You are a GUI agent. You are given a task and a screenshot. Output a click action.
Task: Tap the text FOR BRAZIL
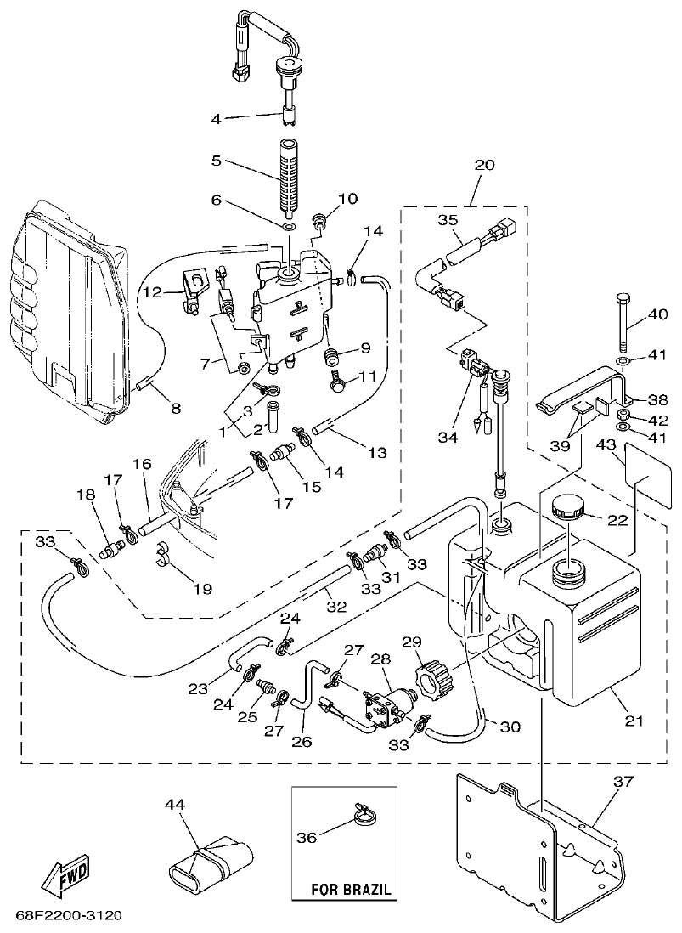pos(352,891)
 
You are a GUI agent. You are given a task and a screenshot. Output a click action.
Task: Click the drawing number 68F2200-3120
pos(69,916)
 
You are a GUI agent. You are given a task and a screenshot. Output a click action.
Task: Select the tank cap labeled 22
pos(564,510)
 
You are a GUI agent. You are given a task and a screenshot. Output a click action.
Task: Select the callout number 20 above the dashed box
pos(484,166)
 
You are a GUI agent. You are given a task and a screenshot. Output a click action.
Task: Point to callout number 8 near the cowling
pos(176,408)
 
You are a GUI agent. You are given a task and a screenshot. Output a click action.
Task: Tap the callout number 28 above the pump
pos(380,660)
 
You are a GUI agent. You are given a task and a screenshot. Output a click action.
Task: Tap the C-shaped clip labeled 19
pos(165,557)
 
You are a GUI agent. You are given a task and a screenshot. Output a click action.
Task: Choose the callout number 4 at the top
pos(216,118)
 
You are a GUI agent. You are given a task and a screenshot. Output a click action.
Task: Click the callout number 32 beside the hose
pos(336,606)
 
